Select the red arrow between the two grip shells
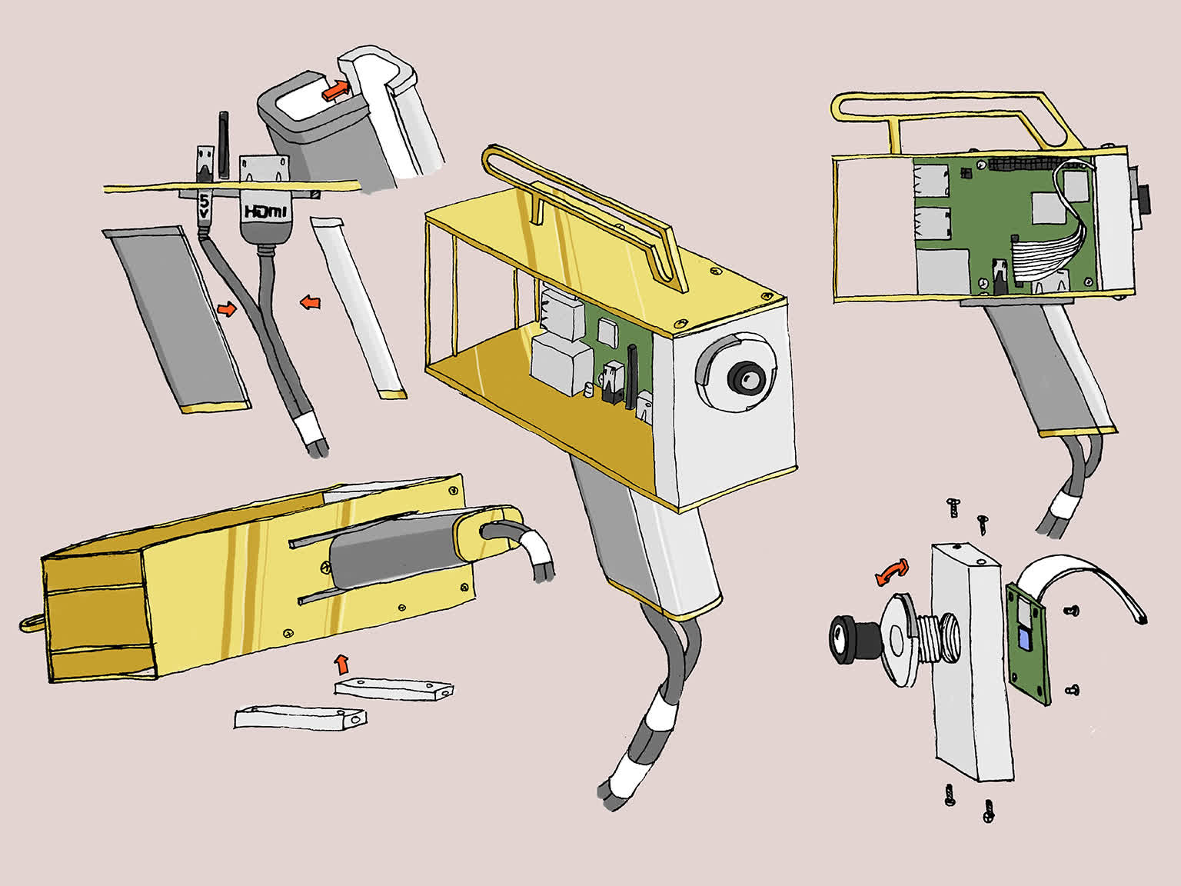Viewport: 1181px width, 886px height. point(335,91)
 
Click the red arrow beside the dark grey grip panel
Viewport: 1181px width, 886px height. point(227,309)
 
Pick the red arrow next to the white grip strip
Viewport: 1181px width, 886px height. point(310,304)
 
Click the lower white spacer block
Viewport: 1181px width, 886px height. point(300,718)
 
